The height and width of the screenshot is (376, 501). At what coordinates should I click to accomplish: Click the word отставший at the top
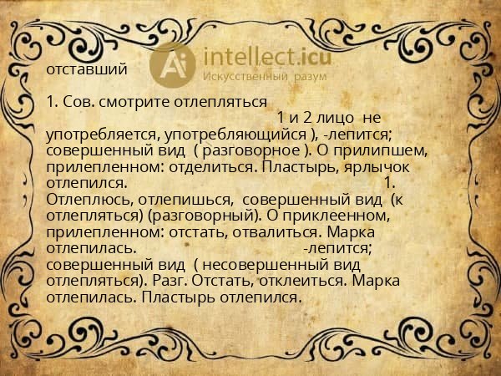(x=88, y=69)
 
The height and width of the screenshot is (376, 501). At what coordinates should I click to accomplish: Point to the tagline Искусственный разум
(x=266, y=76)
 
